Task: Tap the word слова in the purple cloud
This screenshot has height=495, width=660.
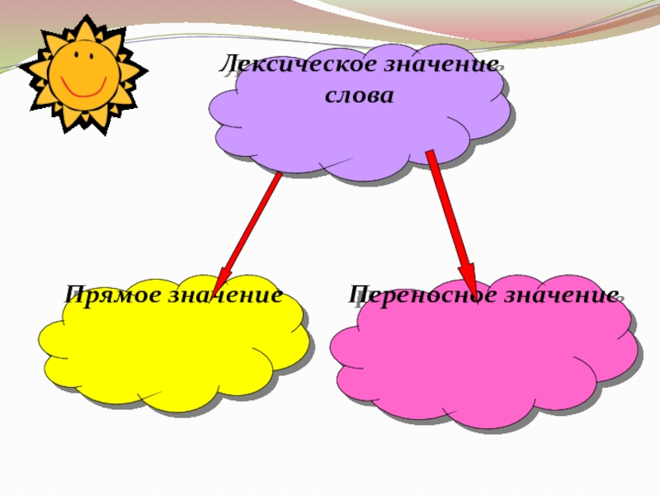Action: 359,95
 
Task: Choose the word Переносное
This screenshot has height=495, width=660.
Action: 412,294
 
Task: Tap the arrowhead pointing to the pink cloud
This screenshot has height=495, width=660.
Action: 467,276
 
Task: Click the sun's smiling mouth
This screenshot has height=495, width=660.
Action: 82,87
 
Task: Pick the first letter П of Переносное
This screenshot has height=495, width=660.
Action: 357,294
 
